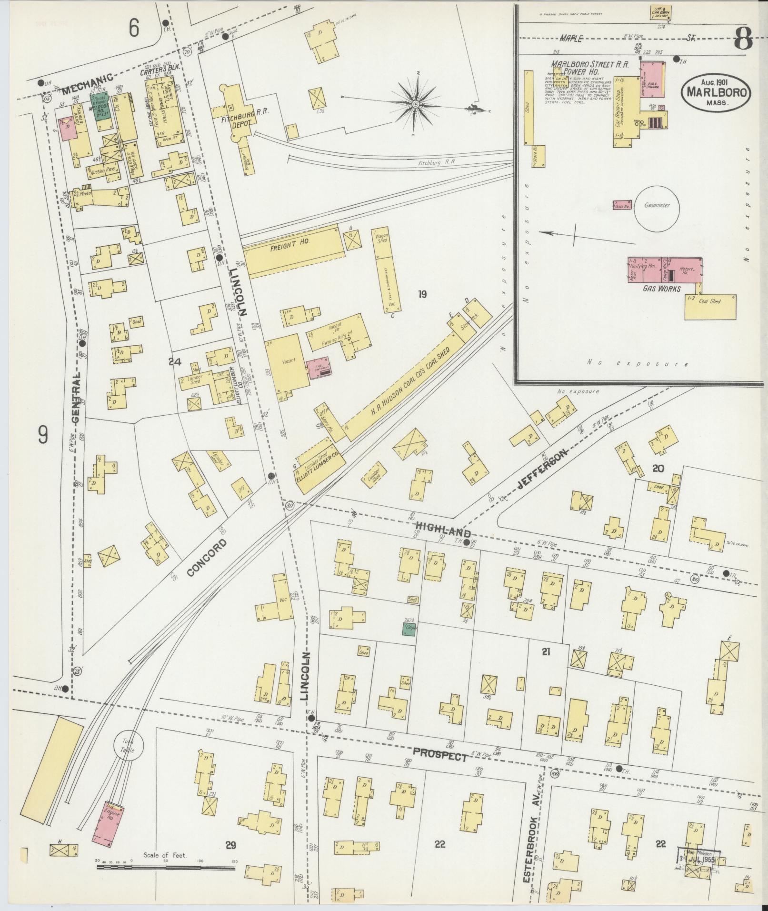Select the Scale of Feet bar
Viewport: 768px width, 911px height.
(166, 867)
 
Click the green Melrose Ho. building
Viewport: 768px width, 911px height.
(100, 107)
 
